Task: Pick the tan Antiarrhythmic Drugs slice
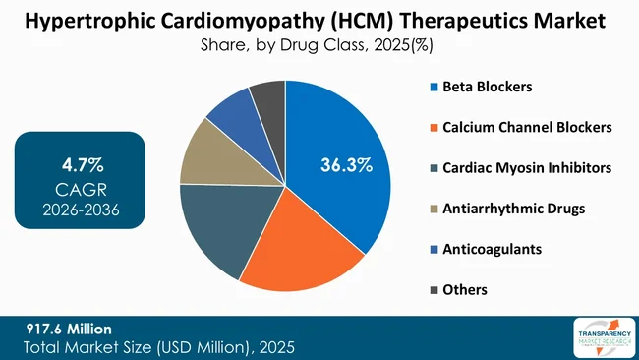tap(206, 153)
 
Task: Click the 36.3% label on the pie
tap(346, 165)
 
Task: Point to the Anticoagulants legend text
tap(493, 249)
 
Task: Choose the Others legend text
tap(465, 289)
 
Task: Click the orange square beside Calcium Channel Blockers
tap(433, 128)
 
